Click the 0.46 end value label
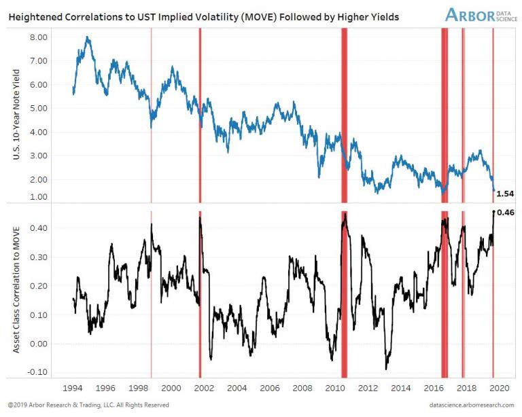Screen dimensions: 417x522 click(x=506, y=213)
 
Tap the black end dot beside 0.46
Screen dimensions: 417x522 click(x=493, y=211)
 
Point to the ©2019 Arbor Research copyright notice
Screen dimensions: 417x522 click(x=88, y=405)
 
